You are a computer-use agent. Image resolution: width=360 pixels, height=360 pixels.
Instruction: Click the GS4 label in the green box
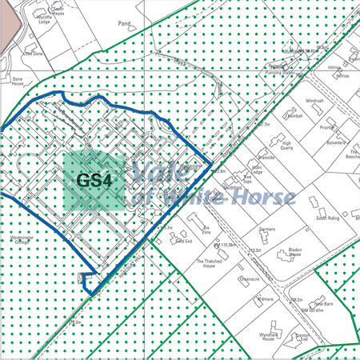click(x=94, y=181)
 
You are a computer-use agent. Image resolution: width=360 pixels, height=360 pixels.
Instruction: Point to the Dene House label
click(x=20, y=82)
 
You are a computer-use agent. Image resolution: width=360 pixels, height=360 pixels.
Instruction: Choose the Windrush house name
click(x=314, y=102)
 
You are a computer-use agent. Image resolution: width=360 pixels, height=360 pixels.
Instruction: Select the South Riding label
click(x=328, y=218)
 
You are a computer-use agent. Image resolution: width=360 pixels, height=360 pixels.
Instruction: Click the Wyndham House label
click(x=267, y=335)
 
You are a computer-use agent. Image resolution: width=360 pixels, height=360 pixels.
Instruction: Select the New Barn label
click(x=322, y=304)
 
